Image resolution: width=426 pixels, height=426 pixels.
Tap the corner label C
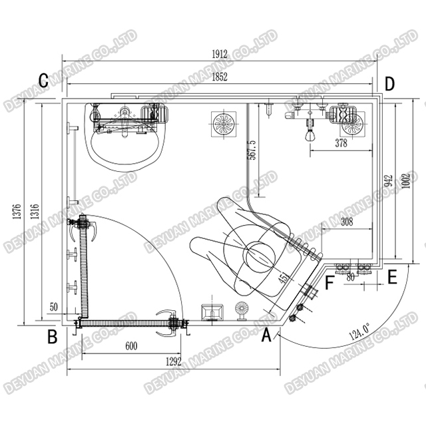click(43, 82)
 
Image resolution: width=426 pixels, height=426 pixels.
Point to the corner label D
click(389, 84)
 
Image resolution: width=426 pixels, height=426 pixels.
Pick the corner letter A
click(266, 336)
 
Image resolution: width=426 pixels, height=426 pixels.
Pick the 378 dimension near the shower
click(341, 143)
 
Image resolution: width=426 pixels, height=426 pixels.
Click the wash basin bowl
click(123, 145)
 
